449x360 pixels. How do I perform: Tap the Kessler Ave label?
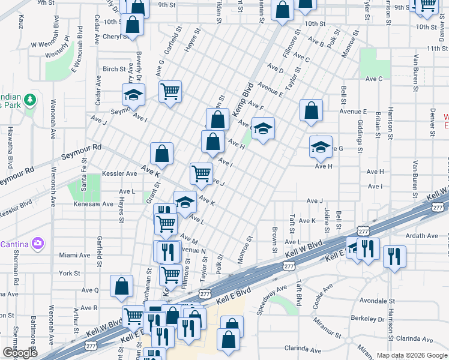(119, 173)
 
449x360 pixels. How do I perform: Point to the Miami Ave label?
(74, 255)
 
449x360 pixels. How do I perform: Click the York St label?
(70, 273)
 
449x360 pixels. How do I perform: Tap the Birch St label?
(114, 69)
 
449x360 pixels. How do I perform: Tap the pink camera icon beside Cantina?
(38, 243)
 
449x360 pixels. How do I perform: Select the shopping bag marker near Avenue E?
(311, 110)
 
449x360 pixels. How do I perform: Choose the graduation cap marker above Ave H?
(321, 147)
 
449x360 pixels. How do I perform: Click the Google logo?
(20, 353)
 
